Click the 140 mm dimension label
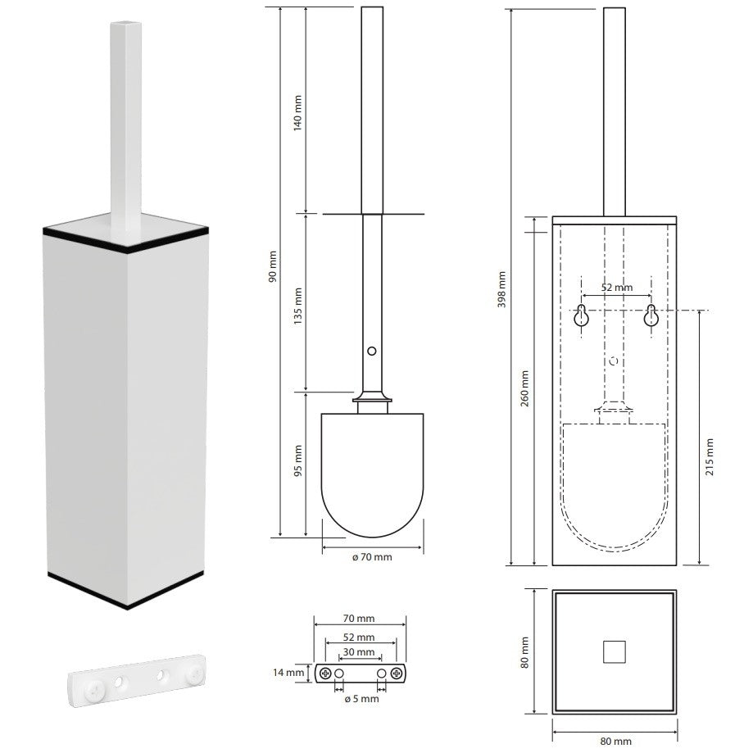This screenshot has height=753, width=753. click(x=297, y=113)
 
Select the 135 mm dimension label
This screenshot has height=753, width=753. click(x=297, y=306)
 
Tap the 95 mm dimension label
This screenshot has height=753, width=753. click(x=297, y=460)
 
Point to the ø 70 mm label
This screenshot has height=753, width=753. click(x=372, y=557)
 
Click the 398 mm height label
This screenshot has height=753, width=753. click(x=501, y=289)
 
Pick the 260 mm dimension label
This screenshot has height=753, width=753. click(x=524, y=388)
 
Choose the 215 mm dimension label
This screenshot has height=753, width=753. click(x=710, y=457)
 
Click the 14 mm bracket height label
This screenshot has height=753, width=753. click(x=288, y=673)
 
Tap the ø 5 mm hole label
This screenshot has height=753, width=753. click(x=361, y=699)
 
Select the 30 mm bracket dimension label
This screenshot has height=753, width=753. click(x=359, y=652)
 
